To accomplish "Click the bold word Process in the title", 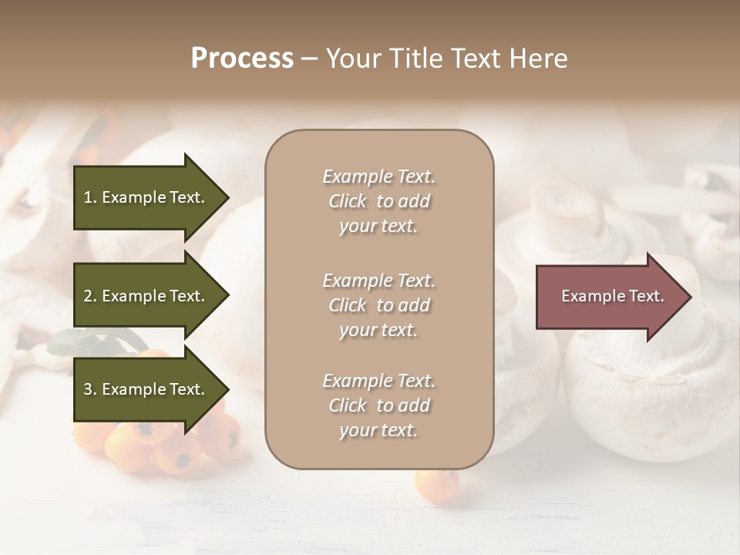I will point(242,59).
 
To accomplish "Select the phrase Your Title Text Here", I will point(446,59).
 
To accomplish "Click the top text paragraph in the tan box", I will point(378,201).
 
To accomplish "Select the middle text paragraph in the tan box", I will point(378,305).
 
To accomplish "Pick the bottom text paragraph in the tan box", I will point(378,405).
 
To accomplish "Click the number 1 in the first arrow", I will point(88,197).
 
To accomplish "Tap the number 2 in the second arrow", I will point(88,296).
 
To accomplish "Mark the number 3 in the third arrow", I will point(88,389).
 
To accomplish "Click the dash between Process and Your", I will point(309,59).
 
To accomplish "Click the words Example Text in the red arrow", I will point(612,296).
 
